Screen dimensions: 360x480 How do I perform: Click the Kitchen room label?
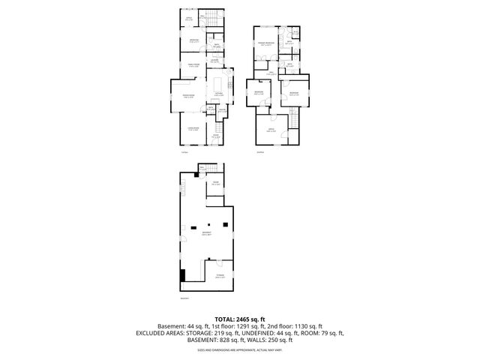coord(217,94)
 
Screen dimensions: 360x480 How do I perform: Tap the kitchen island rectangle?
coord(220,82)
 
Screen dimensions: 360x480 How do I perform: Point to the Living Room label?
coord(192,130)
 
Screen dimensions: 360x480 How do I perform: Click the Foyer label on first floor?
coord(216,137)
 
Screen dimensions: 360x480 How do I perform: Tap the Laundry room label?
coord(214,60)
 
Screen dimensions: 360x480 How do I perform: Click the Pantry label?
coord(221,110)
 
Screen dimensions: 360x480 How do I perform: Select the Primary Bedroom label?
coord(266,44)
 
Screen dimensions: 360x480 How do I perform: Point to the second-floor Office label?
coord(271,130)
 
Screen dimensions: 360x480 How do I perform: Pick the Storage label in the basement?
coord(220,275)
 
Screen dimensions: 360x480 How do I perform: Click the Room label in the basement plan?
coord(215,183)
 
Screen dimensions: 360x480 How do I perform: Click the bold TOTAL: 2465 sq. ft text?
coord(240,319)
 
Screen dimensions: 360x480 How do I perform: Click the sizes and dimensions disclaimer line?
coord(240,349)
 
